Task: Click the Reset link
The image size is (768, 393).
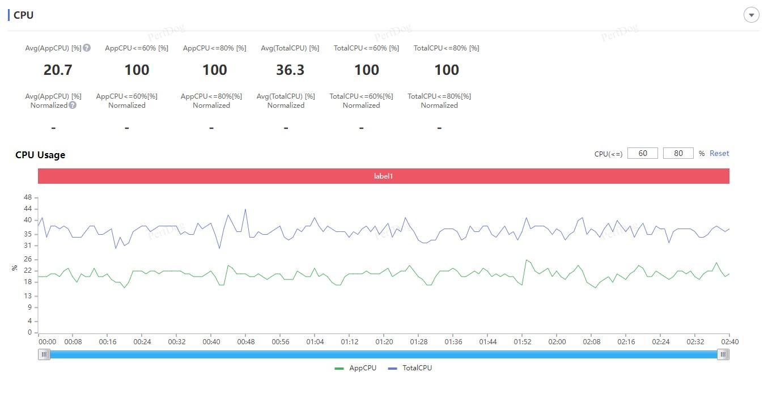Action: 719,153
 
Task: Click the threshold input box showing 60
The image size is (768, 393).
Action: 643,153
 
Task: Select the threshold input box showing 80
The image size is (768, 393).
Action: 678,153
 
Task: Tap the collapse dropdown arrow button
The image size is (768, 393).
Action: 751,15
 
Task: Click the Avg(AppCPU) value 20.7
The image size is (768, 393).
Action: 58,70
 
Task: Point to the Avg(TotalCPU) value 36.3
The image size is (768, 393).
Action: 290,70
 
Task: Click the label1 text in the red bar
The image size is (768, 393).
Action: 383,176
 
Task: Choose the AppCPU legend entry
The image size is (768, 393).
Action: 355,368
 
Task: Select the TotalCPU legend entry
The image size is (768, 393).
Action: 410,368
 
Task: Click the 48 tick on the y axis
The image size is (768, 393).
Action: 27,197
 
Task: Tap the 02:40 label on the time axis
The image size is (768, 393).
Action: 729,341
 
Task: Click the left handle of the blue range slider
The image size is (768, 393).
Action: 44,354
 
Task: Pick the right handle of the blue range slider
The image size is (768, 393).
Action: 723,354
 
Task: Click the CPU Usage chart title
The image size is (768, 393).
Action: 40,155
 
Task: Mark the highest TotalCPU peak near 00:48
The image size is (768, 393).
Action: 245,209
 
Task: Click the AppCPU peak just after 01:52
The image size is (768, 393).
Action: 527,260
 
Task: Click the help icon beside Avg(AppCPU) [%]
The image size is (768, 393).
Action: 87,48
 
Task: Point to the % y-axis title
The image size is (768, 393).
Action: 14,268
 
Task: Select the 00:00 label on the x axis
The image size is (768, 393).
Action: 47,341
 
